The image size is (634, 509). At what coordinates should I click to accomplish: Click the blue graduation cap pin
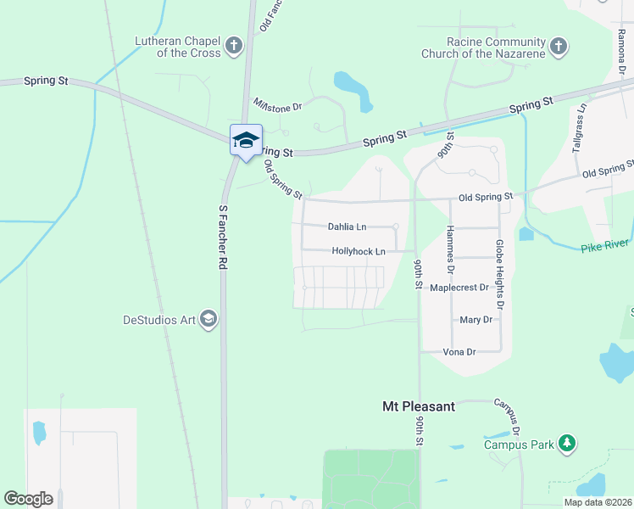coord(246,140)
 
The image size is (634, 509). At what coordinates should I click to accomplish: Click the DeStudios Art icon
coord(209,319)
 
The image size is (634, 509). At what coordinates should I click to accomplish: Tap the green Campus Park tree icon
coord(567,443)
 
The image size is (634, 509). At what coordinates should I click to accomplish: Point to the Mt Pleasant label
coord(418,406)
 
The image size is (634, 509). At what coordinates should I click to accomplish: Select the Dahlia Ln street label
coord(348,227)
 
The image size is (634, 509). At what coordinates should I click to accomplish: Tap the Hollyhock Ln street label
coord(359,251)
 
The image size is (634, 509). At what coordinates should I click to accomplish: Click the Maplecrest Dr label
coord(459,288)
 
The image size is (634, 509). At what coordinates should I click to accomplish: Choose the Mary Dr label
coord(475,320)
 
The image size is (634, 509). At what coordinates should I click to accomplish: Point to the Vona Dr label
coord(459,351)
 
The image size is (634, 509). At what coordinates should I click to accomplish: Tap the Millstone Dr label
coord(277,105)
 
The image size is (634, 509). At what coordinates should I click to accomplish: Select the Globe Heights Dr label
coord(499,274)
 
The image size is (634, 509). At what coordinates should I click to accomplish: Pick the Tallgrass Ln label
coord(580,128)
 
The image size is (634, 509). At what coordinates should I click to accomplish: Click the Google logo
coord(28,499)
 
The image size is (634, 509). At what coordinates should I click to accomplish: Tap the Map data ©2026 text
coord(598,502)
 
